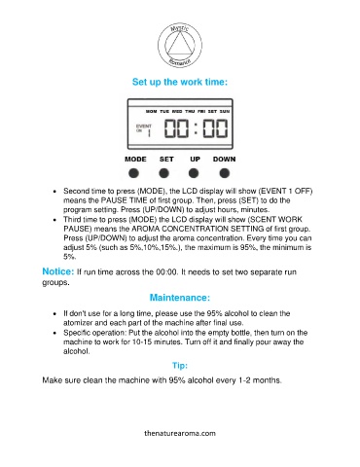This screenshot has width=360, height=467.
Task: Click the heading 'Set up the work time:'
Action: click(x=180, y=82)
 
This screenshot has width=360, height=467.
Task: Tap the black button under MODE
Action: click(x=133, y=173)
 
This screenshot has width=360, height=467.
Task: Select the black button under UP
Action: click(x=194, y=173)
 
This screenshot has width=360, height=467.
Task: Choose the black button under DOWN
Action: click(x=225, y=173)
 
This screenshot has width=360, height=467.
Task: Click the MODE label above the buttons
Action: click(x=135, y=160)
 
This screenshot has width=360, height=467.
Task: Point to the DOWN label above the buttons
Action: click(x=225, y=160)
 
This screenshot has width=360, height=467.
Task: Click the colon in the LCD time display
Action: click(x=196, y=128)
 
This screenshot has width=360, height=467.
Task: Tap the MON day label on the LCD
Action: click(x=151, y=111)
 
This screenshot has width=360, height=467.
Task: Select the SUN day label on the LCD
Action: click(x=225, y=111)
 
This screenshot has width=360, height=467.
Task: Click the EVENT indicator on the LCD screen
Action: click(x=144, y=126)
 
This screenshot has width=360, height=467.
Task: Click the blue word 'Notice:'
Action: click(x=58, y=271)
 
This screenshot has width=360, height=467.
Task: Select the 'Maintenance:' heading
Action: click(x=180, y=298)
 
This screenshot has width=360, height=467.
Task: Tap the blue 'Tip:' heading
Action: click(x=180, y=366)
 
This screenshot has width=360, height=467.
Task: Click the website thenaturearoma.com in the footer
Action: click(x=180, y=433)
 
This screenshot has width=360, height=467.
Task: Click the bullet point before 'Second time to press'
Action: click(x=54, y=192)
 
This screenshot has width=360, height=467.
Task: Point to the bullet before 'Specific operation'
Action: click(x=54, y=333)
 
